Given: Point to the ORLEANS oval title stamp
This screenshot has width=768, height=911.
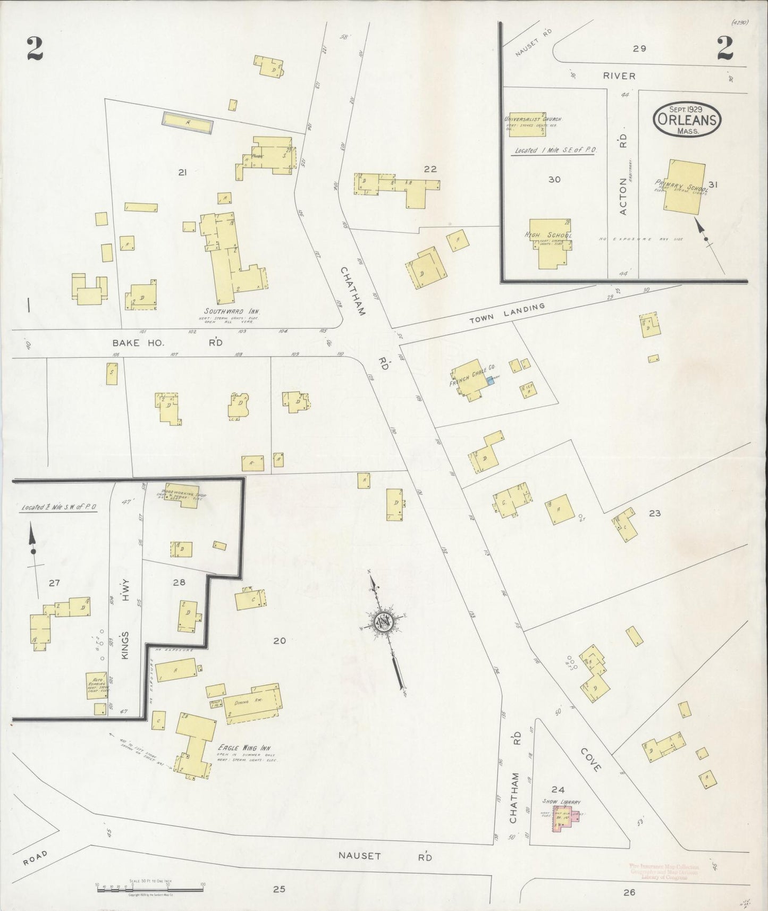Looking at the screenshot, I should click(x=688, y=120).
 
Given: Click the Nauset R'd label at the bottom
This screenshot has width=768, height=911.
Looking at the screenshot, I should click(x=385, y=856).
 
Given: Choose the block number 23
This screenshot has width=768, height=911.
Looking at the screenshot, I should click(x=654, y=513).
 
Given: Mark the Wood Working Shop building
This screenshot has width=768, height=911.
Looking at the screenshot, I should click(x=181, y=496).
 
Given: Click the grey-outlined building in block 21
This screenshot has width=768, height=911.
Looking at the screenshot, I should click(x=188, y=123).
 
